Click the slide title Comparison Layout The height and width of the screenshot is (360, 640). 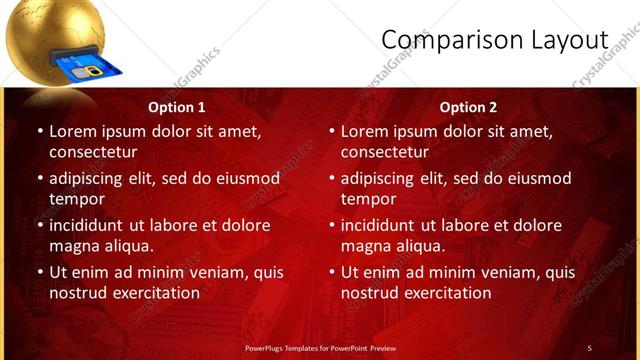[x=494, y=39]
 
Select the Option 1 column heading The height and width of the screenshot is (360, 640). [x=177, y=107]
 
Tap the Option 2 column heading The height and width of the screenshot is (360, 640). [x=468, y=107]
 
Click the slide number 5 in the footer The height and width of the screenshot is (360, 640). [x=589, y=348]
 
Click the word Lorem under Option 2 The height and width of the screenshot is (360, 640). [x=365, y=131]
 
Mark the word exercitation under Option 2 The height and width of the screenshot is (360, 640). [x=444, y=293]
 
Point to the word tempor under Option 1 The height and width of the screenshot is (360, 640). [x=76, y=199]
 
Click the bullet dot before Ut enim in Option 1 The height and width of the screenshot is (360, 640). [x=40, y=272]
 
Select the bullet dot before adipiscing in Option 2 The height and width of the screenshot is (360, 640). [x=332, y=178]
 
